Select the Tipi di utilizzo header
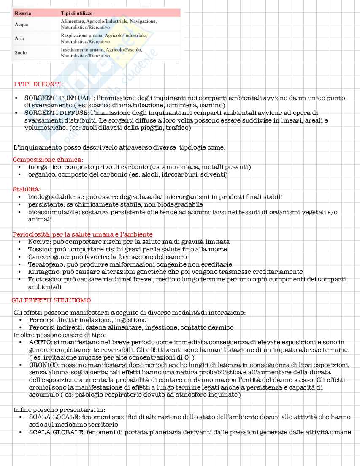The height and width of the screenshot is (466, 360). tap(77, 14)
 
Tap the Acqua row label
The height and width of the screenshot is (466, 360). tap(21, 25)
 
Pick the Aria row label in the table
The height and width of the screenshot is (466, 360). tap(19, 38)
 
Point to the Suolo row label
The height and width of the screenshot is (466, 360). tap(21, 52)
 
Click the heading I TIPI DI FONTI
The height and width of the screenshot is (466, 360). tap(38, 84)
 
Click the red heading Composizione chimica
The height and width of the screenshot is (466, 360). tap(48, 160)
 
